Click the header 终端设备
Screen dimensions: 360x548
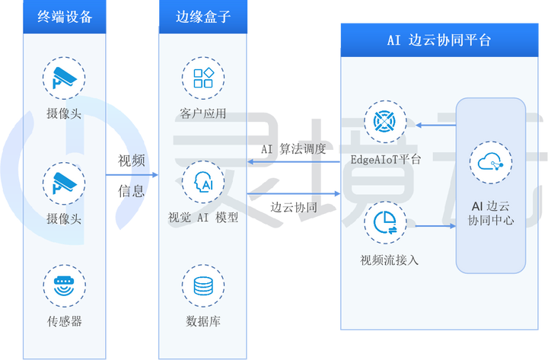pyautogui.click(x=65, y=17)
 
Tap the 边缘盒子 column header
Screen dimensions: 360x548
pyautogui.click(x=202, y=17)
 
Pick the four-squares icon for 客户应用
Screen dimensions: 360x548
pyautogui.click(x=203, y=78)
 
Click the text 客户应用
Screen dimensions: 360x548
pyautogui.click(x=203, y=114)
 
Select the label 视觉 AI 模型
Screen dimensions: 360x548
pyautogui.click(x=203, y=217)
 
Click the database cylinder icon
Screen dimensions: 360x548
pyautogui.click(x=203, y=286)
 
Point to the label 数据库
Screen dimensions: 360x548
pyautogui.click(x=203, y=321)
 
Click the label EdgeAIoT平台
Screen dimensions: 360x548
pyautogui.click(x=386, y=160)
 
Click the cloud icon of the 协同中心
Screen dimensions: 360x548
pyautogui.click(x=490, y=162)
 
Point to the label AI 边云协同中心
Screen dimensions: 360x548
pyautogui.click(x=491, y=212)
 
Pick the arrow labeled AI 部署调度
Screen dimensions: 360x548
pyautogui.click(x=293, y=161)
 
